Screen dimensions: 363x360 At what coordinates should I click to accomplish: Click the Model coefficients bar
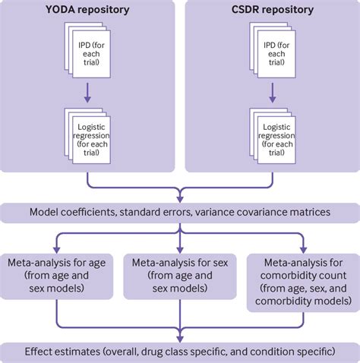[x=180, y=212]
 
